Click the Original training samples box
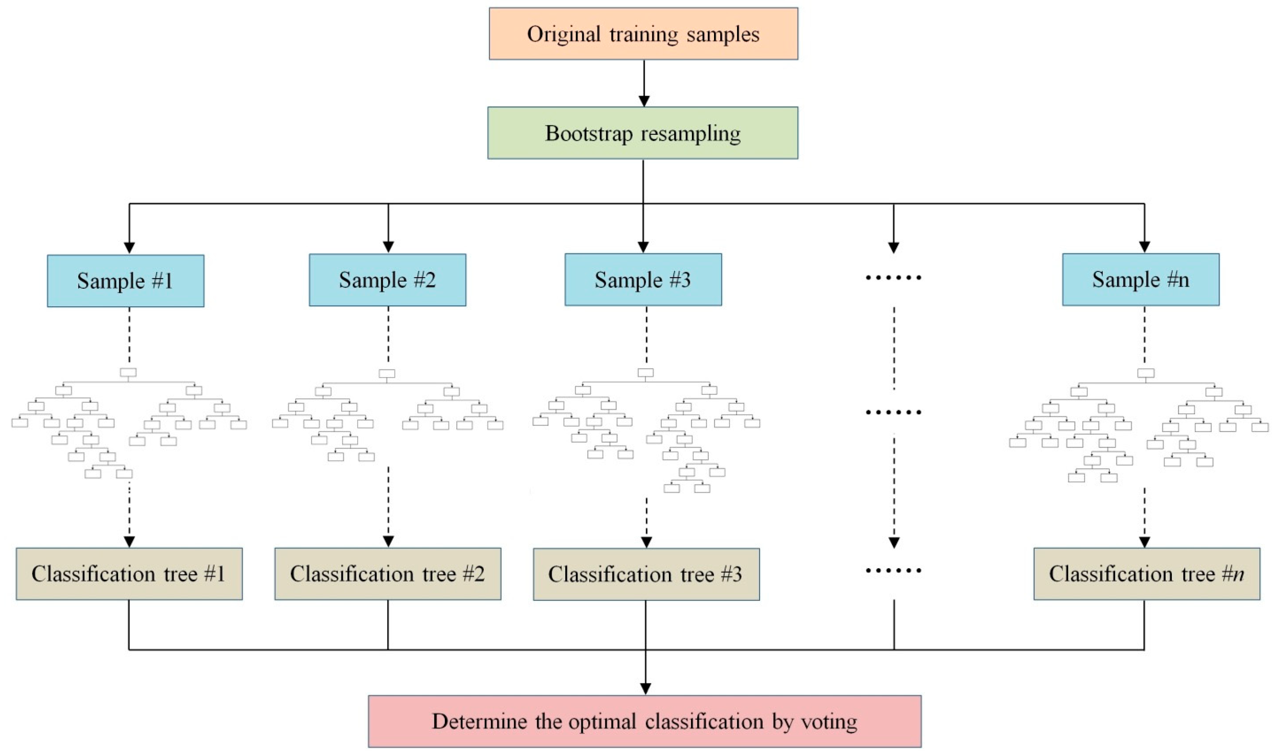[x=643, y=34]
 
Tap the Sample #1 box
[x=125, y=281]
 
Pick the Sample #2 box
[x=387, y=280]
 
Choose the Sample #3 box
[x=643, y=280]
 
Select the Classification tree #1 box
[x=129, y=574]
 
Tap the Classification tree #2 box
[x=387, y=574]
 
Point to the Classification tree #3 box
[x=646, y=574]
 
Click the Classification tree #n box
[x=1147, y=574]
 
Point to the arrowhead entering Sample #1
[x=130, y=248]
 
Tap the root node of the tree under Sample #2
[x=387, y=374]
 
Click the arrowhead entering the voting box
[x=645, y=688]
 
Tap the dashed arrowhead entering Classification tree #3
[x=646, y=542]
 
